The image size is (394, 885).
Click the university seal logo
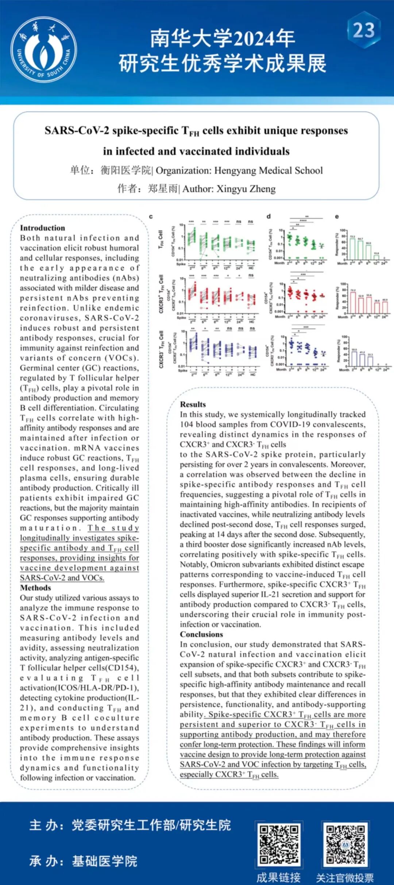[44, 50]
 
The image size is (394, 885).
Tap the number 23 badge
[363, 30]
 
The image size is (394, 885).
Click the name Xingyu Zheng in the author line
[246, 189]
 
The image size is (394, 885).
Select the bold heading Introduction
[42, 228]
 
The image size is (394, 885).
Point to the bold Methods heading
[35, 588]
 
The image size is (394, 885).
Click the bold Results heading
[193, 404]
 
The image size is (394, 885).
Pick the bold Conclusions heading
[201, 634]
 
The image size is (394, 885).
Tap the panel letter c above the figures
[151, 216]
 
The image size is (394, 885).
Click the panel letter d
[269, 216]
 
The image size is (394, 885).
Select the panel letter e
[337, 216]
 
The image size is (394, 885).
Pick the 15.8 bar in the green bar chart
[376, 257]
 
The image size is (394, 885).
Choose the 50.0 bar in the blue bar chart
[354, 359]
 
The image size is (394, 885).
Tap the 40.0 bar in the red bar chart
[385, 307]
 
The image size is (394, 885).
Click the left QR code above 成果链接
[279, 845]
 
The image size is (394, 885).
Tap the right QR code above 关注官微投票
[345, 845]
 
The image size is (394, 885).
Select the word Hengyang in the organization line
[235, 171]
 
